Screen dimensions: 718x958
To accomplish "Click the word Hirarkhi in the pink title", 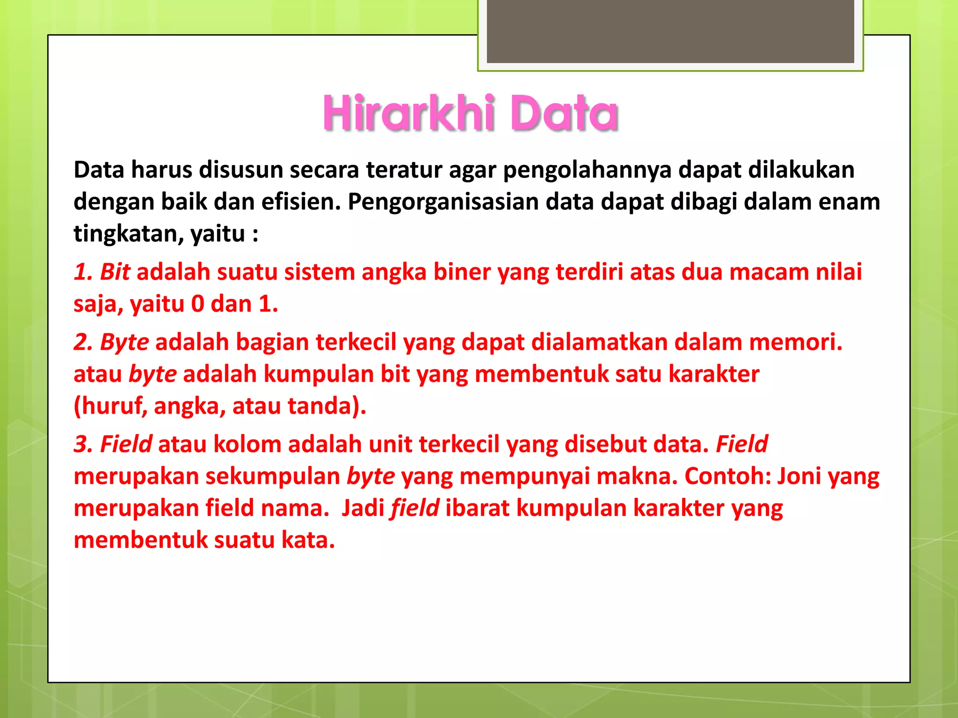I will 408,113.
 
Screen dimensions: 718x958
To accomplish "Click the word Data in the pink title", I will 564,113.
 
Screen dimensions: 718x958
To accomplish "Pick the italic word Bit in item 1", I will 115,272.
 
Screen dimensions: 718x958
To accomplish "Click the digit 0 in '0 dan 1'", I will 197,304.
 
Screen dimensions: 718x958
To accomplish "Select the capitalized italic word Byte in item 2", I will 124,342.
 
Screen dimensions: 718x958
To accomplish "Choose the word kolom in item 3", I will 247,444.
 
